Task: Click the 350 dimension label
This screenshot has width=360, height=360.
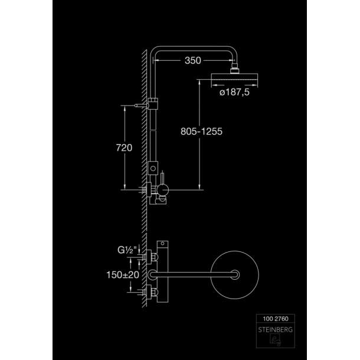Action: tap(193, 61)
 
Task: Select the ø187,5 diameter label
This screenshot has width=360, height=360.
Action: tap(234, 92)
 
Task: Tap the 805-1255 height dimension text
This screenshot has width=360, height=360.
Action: tap(201, 132)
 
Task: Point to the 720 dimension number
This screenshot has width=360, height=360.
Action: tap(124, 148)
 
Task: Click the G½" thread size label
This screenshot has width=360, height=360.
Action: tap(127, 250)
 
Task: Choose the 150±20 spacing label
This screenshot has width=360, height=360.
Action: tap(123, 275)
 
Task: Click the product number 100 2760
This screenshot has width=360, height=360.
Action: tap(276, 319)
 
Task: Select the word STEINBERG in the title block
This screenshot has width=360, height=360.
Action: tap(276, 330)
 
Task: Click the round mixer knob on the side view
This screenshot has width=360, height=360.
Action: tap(163, 190)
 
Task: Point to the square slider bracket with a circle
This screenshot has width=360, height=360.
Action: tap(153, 168)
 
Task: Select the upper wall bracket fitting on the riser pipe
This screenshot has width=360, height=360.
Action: tap(153, 103)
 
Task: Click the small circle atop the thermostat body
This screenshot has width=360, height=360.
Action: tap(162, 244)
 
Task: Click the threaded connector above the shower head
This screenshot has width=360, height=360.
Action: tap(235, 68)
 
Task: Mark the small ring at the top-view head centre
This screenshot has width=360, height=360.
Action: tap(235, 275)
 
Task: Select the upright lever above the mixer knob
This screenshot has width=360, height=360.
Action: tap(162, 177)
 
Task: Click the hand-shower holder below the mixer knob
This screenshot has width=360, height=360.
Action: tap(161, 200)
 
